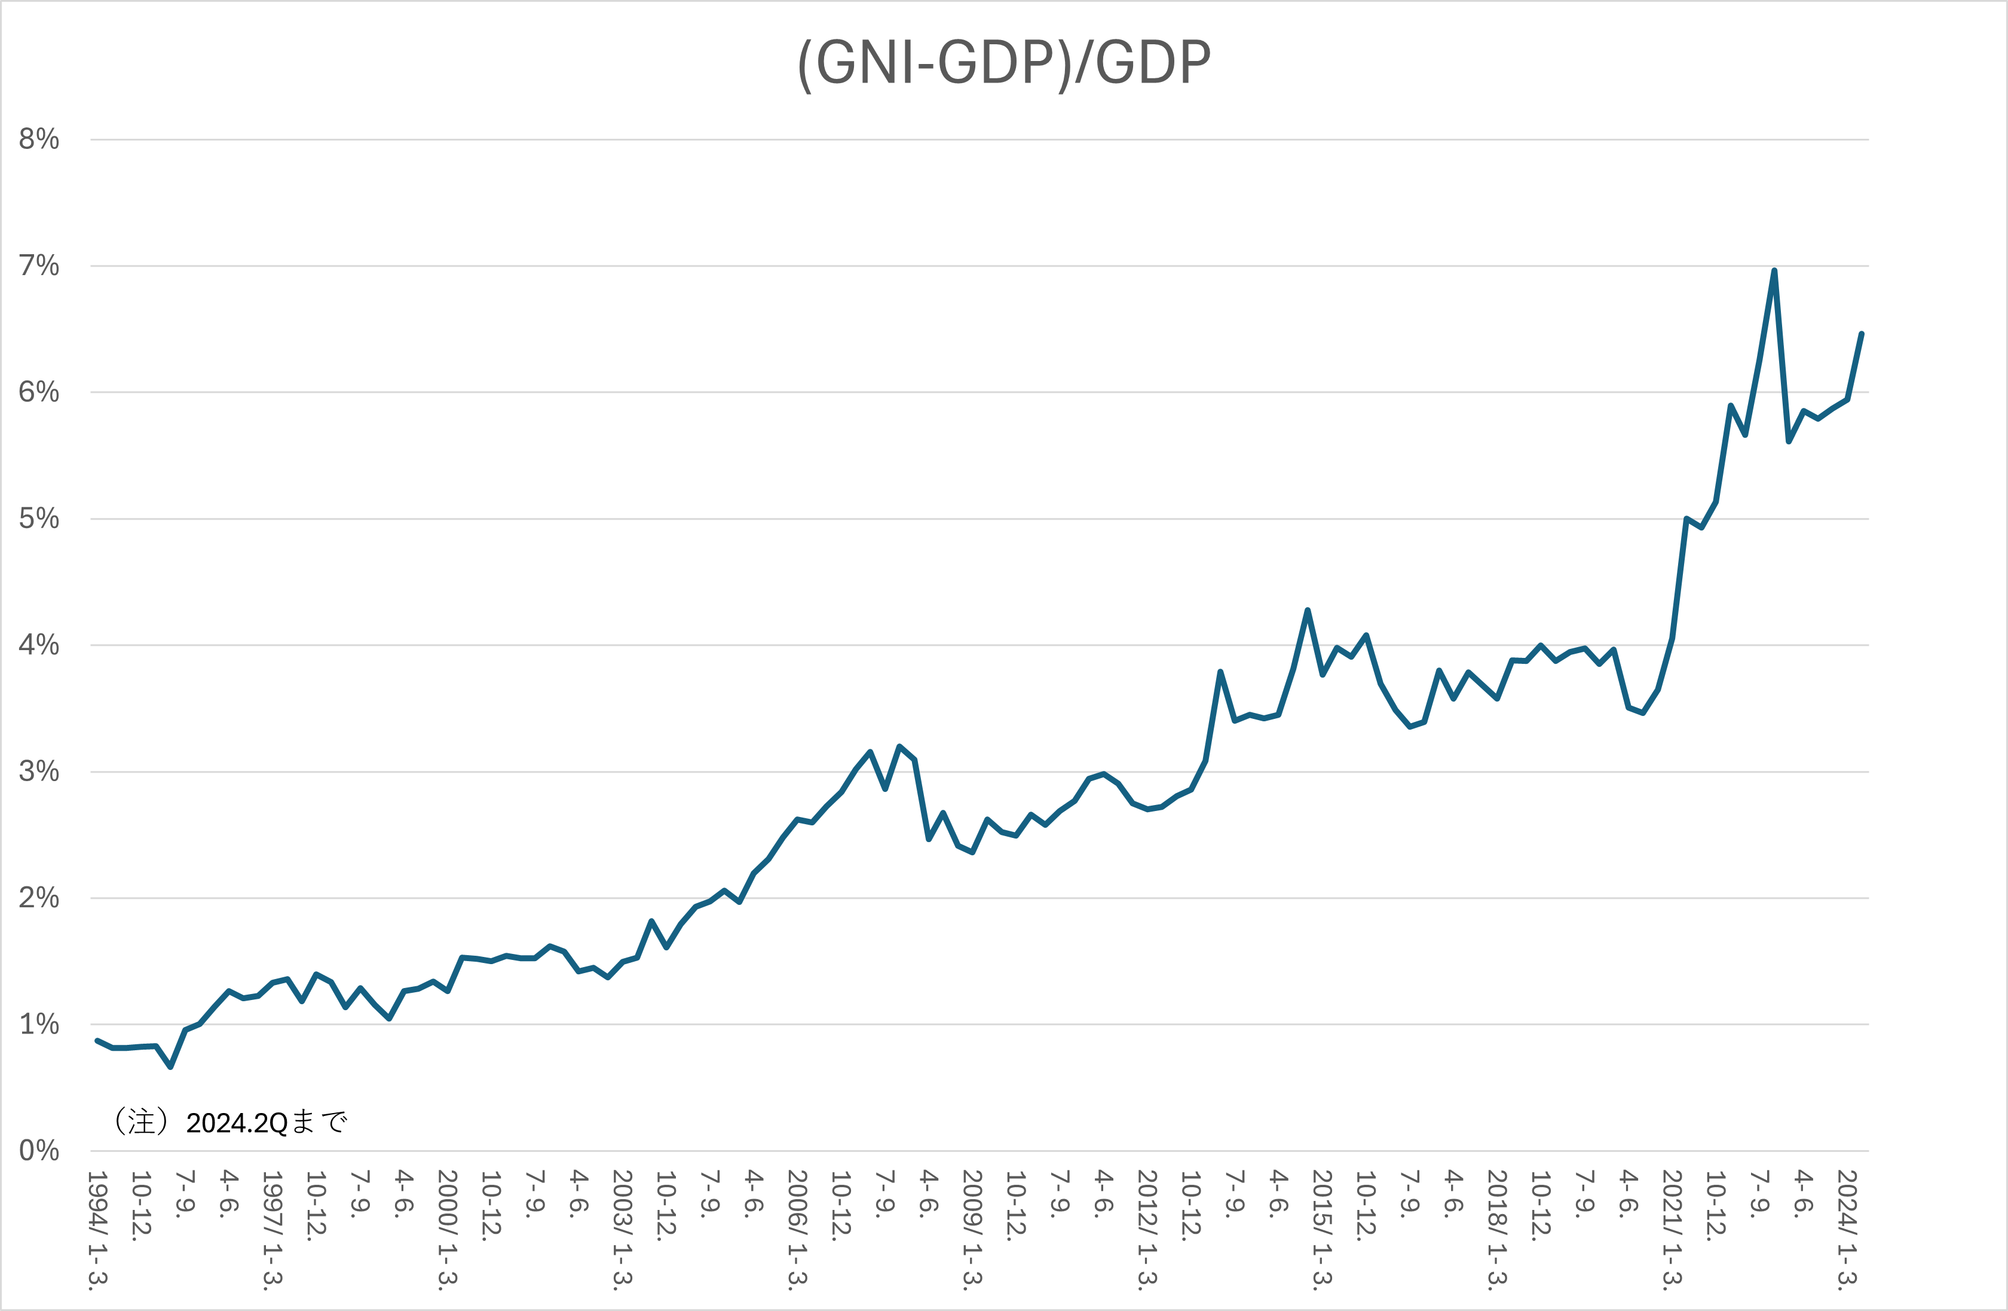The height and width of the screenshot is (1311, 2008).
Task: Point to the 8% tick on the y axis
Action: click(x=39, y=139)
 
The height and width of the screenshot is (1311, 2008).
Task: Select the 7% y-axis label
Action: click(x=39, y=266)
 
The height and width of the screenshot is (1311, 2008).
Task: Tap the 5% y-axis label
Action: click(x=39, y=519)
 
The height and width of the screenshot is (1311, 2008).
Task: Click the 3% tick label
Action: click(x=39, y=772)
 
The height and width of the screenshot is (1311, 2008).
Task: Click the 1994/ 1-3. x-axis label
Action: click(x=98, y=1229)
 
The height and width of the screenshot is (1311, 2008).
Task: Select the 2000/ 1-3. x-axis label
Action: click(x=447, y=1229)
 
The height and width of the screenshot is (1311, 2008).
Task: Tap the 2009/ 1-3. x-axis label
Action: click(x=972, y=1229)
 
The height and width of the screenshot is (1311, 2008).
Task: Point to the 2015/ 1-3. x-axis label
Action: click(x=1322, y=1229)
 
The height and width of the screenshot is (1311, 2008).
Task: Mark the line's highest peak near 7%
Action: click(x=1774, y=271)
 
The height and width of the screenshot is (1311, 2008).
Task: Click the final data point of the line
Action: click(x=1861, y=334)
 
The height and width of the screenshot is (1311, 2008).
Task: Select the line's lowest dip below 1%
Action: click(x=170, y=1067)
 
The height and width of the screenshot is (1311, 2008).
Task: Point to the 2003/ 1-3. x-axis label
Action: click(x=622, y=1229)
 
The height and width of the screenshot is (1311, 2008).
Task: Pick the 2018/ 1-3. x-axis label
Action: click(x=1496, y=1229)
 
